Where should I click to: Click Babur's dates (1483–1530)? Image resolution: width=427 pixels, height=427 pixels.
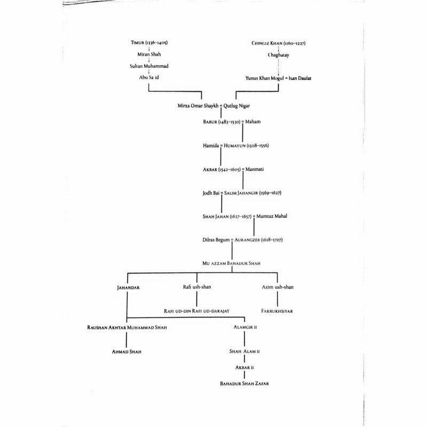tap(226, 122)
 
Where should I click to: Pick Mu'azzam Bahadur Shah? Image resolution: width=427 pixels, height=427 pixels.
tap(232, 263)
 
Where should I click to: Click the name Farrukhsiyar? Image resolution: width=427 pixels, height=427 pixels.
tap(278, 310)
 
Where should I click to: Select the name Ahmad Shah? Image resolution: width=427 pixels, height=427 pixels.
tap(126, 352)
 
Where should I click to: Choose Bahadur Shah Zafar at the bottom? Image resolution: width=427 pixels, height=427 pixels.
tap(244, 383)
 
